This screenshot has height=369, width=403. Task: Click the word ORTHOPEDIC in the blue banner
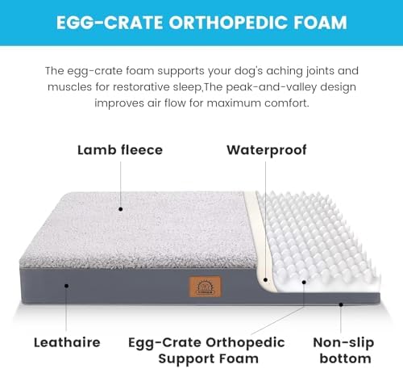tap(228, 23)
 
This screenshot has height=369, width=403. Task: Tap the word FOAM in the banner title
tap(320, 23)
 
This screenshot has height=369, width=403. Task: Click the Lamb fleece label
tap(120, 150)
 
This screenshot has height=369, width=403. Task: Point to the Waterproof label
tap(267, 150)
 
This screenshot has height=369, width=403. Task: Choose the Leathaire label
tap(67, 342)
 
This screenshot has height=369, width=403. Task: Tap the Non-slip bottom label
tap(344, 350)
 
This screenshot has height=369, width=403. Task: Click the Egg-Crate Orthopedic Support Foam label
tap(206, 350)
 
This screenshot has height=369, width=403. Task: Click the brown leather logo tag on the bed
tap(205, 287)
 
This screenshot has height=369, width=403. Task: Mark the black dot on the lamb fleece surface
tap(121, 209)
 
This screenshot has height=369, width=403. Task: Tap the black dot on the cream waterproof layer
tap(265, 280)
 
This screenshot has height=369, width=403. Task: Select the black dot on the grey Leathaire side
tap(66, 286)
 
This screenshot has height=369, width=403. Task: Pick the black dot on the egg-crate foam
tap(304, 283)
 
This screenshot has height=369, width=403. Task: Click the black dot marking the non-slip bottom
tap(341, 304)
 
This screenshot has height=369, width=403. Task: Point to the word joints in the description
tap(320, 72)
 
